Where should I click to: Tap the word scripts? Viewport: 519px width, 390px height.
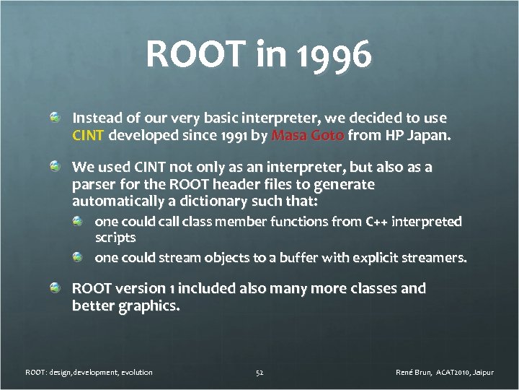[115, 237]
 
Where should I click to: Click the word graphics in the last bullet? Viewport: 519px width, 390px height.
[145, 305]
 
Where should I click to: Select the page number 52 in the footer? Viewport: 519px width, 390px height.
[259, 372]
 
